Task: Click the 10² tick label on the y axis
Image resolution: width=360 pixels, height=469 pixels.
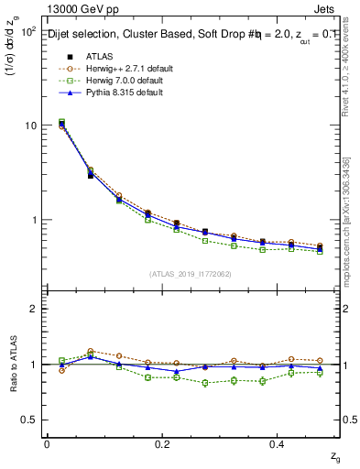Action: click(27, 31)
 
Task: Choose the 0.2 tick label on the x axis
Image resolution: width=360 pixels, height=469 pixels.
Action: click(162, 443)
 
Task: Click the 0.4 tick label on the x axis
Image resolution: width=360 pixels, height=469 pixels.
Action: click(278, 443)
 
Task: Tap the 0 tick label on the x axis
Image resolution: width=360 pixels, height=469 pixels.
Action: click(47, 443)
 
